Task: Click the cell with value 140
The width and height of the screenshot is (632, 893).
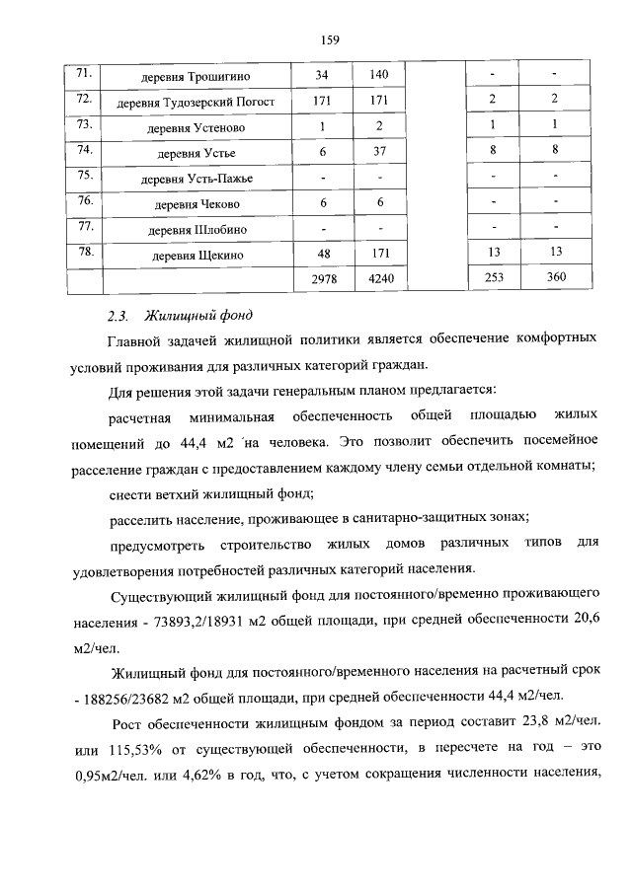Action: coord(379,75)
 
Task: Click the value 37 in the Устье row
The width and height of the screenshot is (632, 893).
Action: coord(379,152)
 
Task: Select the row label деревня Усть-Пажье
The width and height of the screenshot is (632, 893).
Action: coord(196,178)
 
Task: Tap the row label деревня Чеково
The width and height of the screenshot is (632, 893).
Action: coord(196,203)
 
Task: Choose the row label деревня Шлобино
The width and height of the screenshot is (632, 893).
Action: coord(196,229)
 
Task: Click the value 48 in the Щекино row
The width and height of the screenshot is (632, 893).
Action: coord(322,255)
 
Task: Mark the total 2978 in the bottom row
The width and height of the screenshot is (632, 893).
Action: coord(323,279)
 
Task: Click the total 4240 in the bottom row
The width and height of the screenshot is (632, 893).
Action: coord(379,279)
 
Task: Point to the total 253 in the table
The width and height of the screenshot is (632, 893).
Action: coord(494,278)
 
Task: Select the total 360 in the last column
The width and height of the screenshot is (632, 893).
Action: coord(556,278)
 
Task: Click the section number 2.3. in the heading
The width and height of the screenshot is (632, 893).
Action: coord(118,316)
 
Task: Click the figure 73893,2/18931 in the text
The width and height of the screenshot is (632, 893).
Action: coord(203,625)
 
